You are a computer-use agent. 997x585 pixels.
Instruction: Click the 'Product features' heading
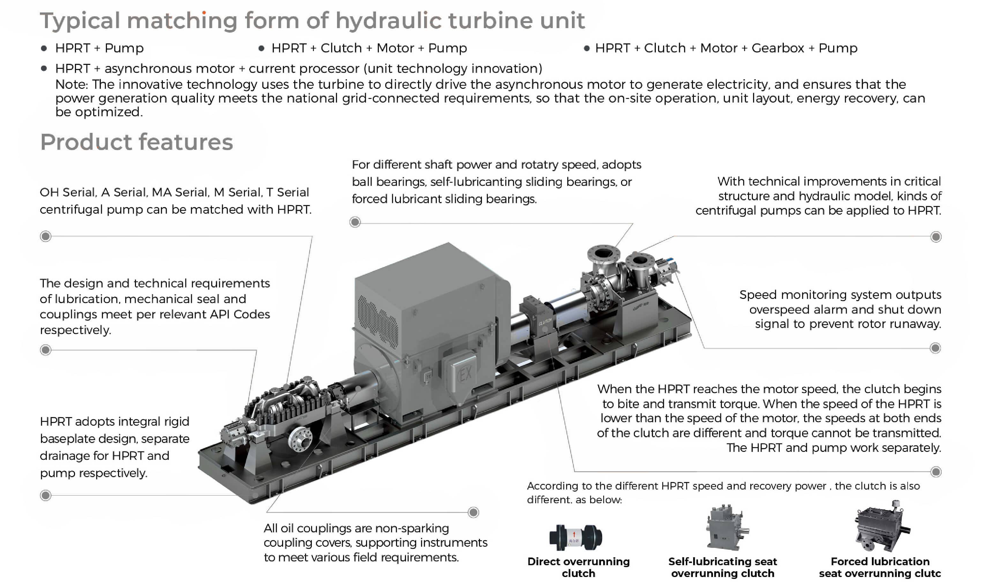pyautogui.click(x=137, y=142)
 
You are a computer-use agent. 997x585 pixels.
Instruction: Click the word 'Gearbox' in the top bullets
pyautogui.click(x=777, y=48)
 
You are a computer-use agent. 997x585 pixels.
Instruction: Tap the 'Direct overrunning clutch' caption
pyautogui.click(x=578, y=567)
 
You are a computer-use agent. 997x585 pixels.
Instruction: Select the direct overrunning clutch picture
pyautogui.click(x=576, y=537)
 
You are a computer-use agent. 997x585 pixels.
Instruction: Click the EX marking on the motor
pyautogui.click(x=465, y=373)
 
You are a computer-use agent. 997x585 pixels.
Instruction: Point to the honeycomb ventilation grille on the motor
pyautogui.click(x=378, y=321)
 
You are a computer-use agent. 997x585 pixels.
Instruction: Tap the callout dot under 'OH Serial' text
pyautogui.click(x=46, y=236)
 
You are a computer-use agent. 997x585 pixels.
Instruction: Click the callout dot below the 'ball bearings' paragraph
pyautogui.click(x=355, y=222)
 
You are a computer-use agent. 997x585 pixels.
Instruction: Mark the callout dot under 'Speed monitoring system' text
pyautogui.click(x=935, y=348)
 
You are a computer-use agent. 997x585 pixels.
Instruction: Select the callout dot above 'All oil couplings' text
pyautogui.click(x=473, y=513)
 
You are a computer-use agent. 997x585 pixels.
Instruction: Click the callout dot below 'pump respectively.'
pyautogui.click(x=46, y=496)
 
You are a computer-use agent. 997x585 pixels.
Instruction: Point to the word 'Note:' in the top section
pyautogui.click(x=71, y=85)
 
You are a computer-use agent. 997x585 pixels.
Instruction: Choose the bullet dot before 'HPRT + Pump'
pyautogui.click(x=44, y=48)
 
